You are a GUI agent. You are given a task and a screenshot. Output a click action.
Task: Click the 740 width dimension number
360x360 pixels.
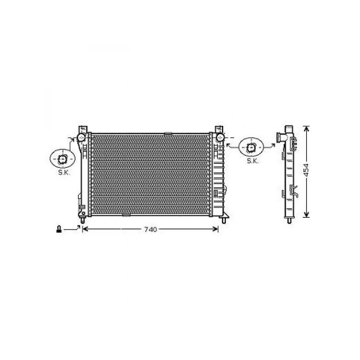click(x=150, y=229)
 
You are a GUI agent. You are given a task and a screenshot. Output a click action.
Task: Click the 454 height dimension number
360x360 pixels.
click(x=306, y=170)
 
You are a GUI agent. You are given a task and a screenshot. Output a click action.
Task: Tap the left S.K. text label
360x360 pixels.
click(x=64, y=173)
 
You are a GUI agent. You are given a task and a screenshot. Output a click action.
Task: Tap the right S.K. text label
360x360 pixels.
click(x=253, y=161)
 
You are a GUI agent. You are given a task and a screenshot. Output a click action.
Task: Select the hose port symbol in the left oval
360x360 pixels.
click(x=62, y=159)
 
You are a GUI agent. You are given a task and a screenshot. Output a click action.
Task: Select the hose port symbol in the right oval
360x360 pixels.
click(x=251, y=148)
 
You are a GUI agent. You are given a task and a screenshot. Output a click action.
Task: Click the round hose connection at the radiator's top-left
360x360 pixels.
click(x=81, y=138)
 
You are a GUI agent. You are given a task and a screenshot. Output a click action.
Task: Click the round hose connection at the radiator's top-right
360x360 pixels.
click(x=220, y=137)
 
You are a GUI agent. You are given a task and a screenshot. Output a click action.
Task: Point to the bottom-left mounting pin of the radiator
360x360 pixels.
click(x=83, y=220)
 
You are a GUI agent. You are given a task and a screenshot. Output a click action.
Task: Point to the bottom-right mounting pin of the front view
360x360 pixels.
click(x=224, y=220)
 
